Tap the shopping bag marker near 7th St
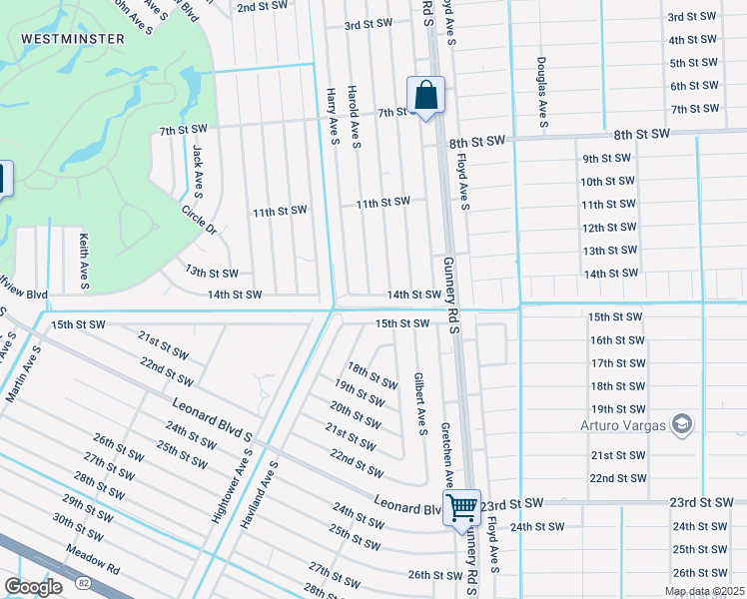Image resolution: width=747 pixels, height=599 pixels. [x=425, y=97]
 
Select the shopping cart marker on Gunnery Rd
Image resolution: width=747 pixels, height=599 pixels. [x=462, y=507]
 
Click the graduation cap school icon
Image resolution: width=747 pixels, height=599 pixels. [x=682, y=423]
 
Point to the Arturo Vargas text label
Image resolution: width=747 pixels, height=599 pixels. [x=622, y=426]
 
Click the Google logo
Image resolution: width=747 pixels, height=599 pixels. [x=33, y=586]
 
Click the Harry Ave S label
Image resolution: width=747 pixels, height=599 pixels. [x=333, y=117]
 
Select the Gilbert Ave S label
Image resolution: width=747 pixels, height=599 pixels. [x=420, y=404]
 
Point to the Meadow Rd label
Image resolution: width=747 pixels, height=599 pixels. [x=93, y=561]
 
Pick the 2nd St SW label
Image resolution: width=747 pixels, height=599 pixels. [x=262, y=7]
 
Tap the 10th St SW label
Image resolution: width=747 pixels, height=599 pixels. [x=607, y=181]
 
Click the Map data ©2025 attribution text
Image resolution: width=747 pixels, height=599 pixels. [x=703, y=591]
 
